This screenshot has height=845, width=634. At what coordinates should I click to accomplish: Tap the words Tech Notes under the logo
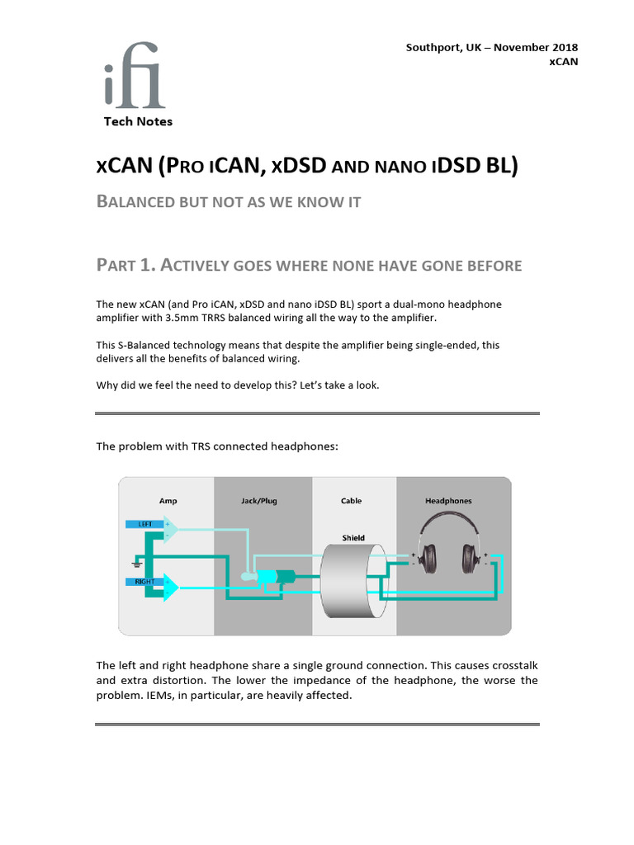tap(138, 121)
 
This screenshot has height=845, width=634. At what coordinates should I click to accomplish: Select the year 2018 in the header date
tap(563, 47)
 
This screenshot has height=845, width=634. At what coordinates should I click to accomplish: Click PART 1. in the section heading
tap(125, 265)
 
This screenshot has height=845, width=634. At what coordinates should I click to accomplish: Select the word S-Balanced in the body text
tap(144, 345)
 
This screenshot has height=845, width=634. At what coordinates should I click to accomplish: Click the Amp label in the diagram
tap(168, 501)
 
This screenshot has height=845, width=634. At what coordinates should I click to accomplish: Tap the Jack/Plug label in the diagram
tap(263, 501)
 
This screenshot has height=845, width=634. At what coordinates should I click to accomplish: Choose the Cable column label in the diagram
tap(352, 501)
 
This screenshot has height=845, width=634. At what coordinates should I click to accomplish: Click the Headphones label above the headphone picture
tap(448, 501)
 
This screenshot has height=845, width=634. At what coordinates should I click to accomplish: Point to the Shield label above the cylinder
tap(353, 538)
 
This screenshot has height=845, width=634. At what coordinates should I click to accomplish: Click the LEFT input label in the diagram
tap(144, 524)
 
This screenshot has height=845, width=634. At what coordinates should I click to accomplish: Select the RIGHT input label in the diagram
tap(145, 582)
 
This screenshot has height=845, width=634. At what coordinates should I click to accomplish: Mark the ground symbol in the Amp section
tap(135, 564)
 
